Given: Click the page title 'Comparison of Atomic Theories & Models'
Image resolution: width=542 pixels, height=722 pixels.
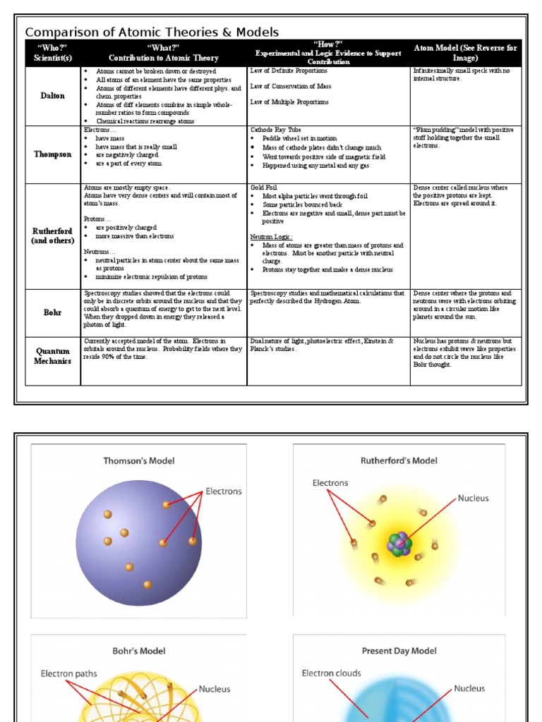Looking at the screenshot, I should coord(152,32).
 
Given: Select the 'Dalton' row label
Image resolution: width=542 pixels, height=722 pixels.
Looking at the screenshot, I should coord(53,96).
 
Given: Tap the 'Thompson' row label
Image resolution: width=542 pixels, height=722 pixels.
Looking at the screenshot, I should coord(53,154).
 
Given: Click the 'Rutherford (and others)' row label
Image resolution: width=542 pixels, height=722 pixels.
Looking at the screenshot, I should coord(53,235).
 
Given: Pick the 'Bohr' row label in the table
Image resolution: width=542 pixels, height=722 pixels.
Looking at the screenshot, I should coord(53,312).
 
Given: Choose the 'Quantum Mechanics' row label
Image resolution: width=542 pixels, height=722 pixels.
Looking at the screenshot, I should coord(53,356).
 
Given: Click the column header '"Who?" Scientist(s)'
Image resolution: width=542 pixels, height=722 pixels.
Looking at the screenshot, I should coord(53,53).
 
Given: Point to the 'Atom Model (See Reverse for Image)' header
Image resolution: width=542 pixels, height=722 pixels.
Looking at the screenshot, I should coord(465,53).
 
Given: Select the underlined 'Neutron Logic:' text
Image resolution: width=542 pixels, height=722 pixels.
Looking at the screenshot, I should coord(271,237).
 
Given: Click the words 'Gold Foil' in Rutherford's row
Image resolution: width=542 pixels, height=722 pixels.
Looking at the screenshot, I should coord(264,188).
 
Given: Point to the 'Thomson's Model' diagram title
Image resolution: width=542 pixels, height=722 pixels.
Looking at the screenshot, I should coord(139,460).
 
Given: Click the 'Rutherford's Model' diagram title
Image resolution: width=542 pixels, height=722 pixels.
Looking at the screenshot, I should coord(399,460).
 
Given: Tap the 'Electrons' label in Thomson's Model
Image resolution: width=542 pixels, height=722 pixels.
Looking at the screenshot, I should coord(223,491).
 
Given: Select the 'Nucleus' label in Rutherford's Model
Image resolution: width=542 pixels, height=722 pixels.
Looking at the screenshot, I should coord(473,498).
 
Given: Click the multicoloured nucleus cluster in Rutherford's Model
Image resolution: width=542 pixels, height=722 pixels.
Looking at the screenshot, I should coord(399,544).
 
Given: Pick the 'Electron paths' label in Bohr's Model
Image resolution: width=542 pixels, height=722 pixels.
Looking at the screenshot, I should coord(69,673).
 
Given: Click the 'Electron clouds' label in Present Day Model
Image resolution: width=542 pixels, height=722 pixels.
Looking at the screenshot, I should coord(331,673).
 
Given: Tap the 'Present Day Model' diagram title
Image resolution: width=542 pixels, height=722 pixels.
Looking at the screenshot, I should coord(399,651).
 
